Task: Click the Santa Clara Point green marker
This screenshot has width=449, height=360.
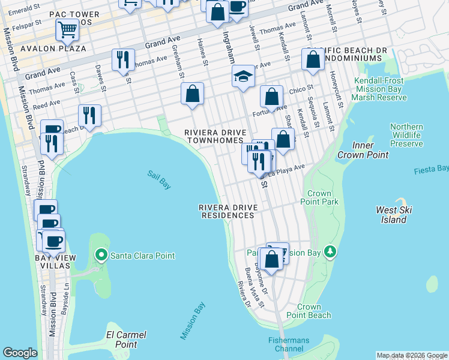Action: (101, 256)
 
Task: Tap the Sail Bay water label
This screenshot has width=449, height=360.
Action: (159, 180)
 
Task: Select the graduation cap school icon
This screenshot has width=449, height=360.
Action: (243, 77)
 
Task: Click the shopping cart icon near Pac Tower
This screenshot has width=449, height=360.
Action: (67, 29)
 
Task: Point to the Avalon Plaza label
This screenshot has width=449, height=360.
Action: (45, 48)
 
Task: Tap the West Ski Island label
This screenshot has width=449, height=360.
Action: (391, 214)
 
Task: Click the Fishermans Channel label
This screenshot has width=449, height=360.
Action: (289, 344)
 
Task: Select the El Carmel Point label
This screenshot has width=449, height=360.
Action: (126, 339)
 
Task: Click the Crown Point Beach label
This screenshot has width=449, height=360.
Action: (308, 311)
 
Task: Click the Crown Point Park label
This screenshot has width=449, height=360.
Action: (322, 197)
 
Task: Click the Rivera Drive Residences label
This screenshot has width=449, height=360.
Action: (229, 211)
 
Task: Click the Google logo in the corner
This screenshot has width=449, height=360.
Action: (20, 353)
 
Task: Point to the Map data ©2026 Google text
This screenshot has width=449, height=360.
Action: (411, 355)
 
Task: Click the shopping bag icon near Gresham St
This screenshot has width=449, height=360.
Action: (192, 94)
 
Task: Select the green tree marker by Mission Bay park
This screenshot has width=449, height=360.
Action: (329, 253)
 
